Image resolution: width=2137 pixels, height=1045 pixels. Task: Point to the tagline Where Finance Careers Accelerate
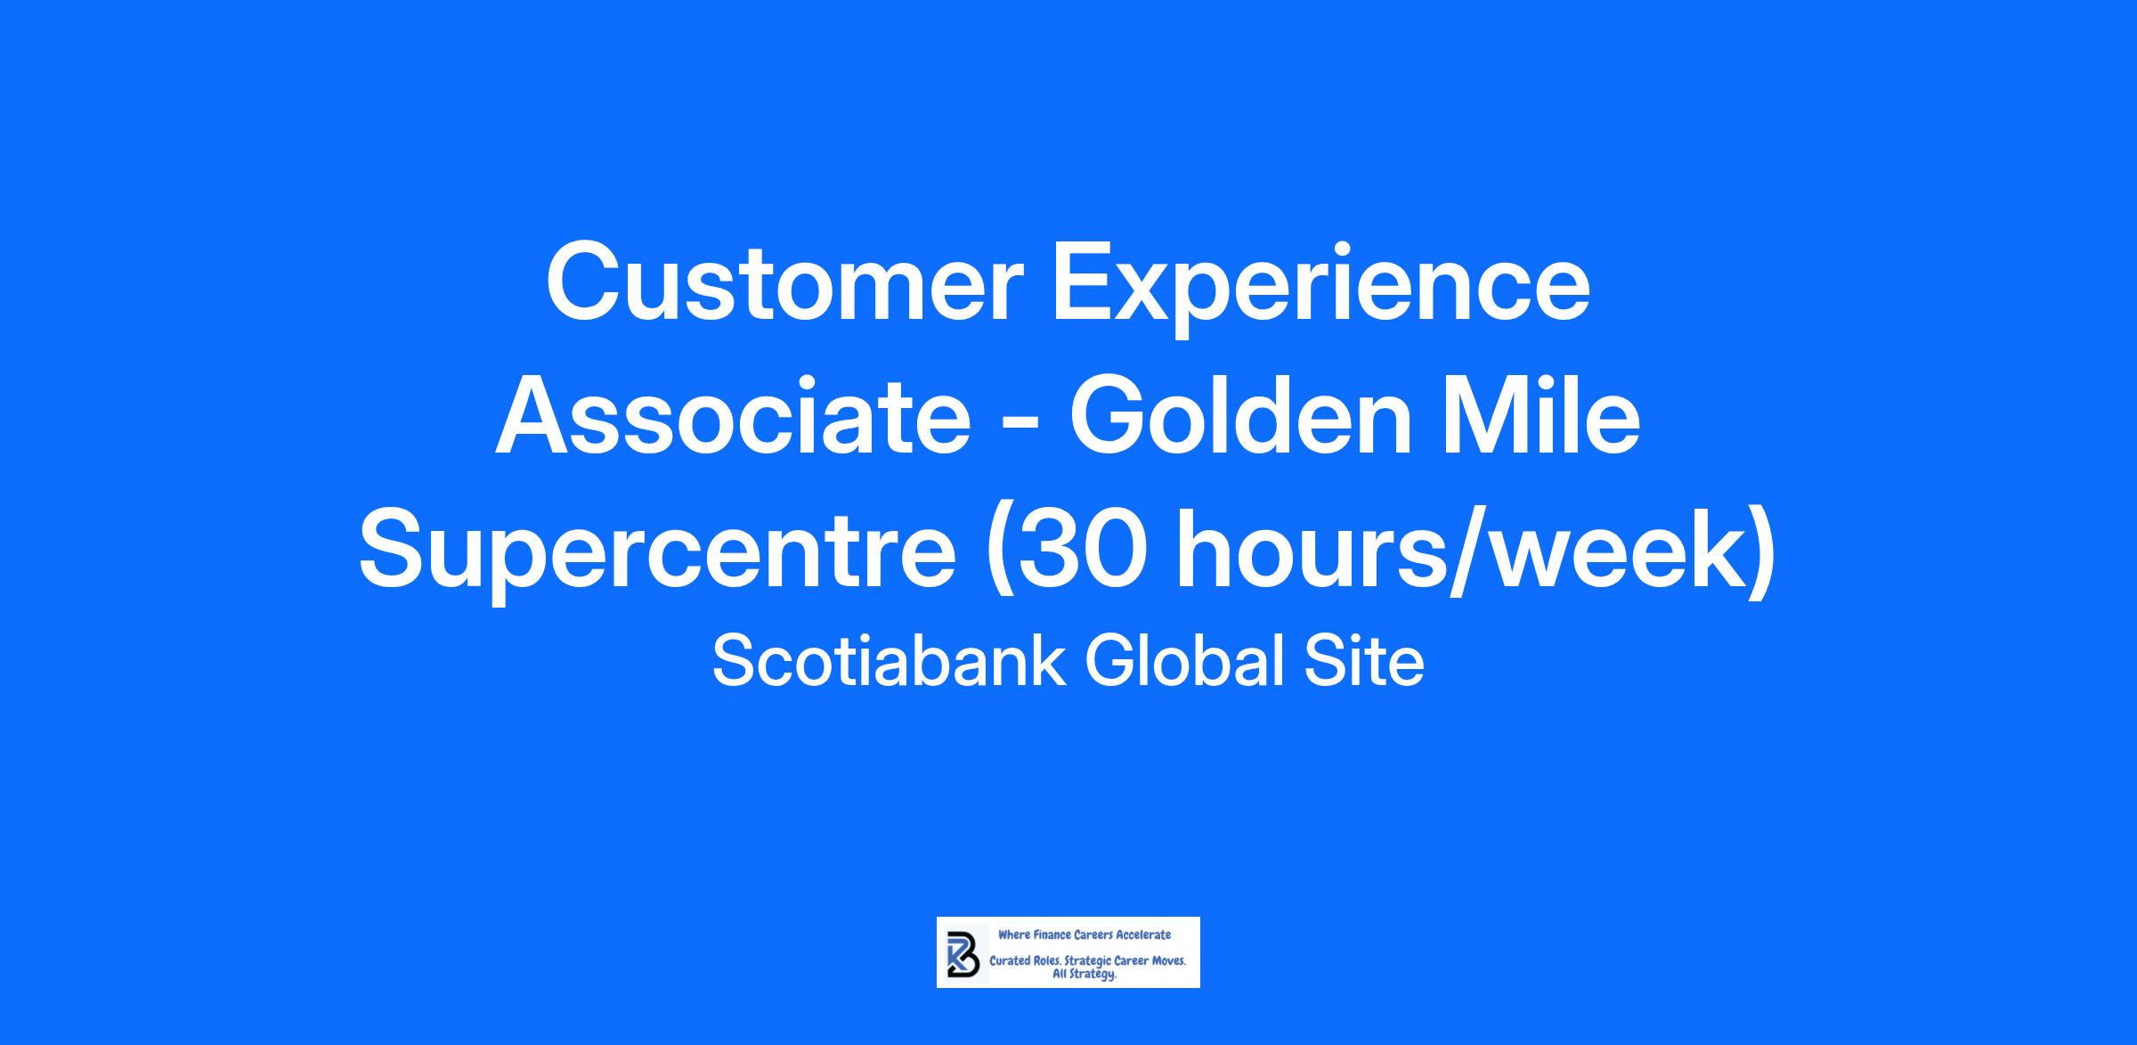tap(1085, 935)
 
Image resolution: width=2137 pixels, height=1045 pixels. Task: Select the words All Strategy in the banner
tap(1085, 975)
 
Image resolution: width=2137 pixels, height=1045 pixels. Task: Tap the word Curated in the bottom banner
tap(1011, 961)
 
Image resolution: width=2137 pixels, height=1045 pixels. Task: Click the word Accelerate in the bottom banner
tap(1144, 935)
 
